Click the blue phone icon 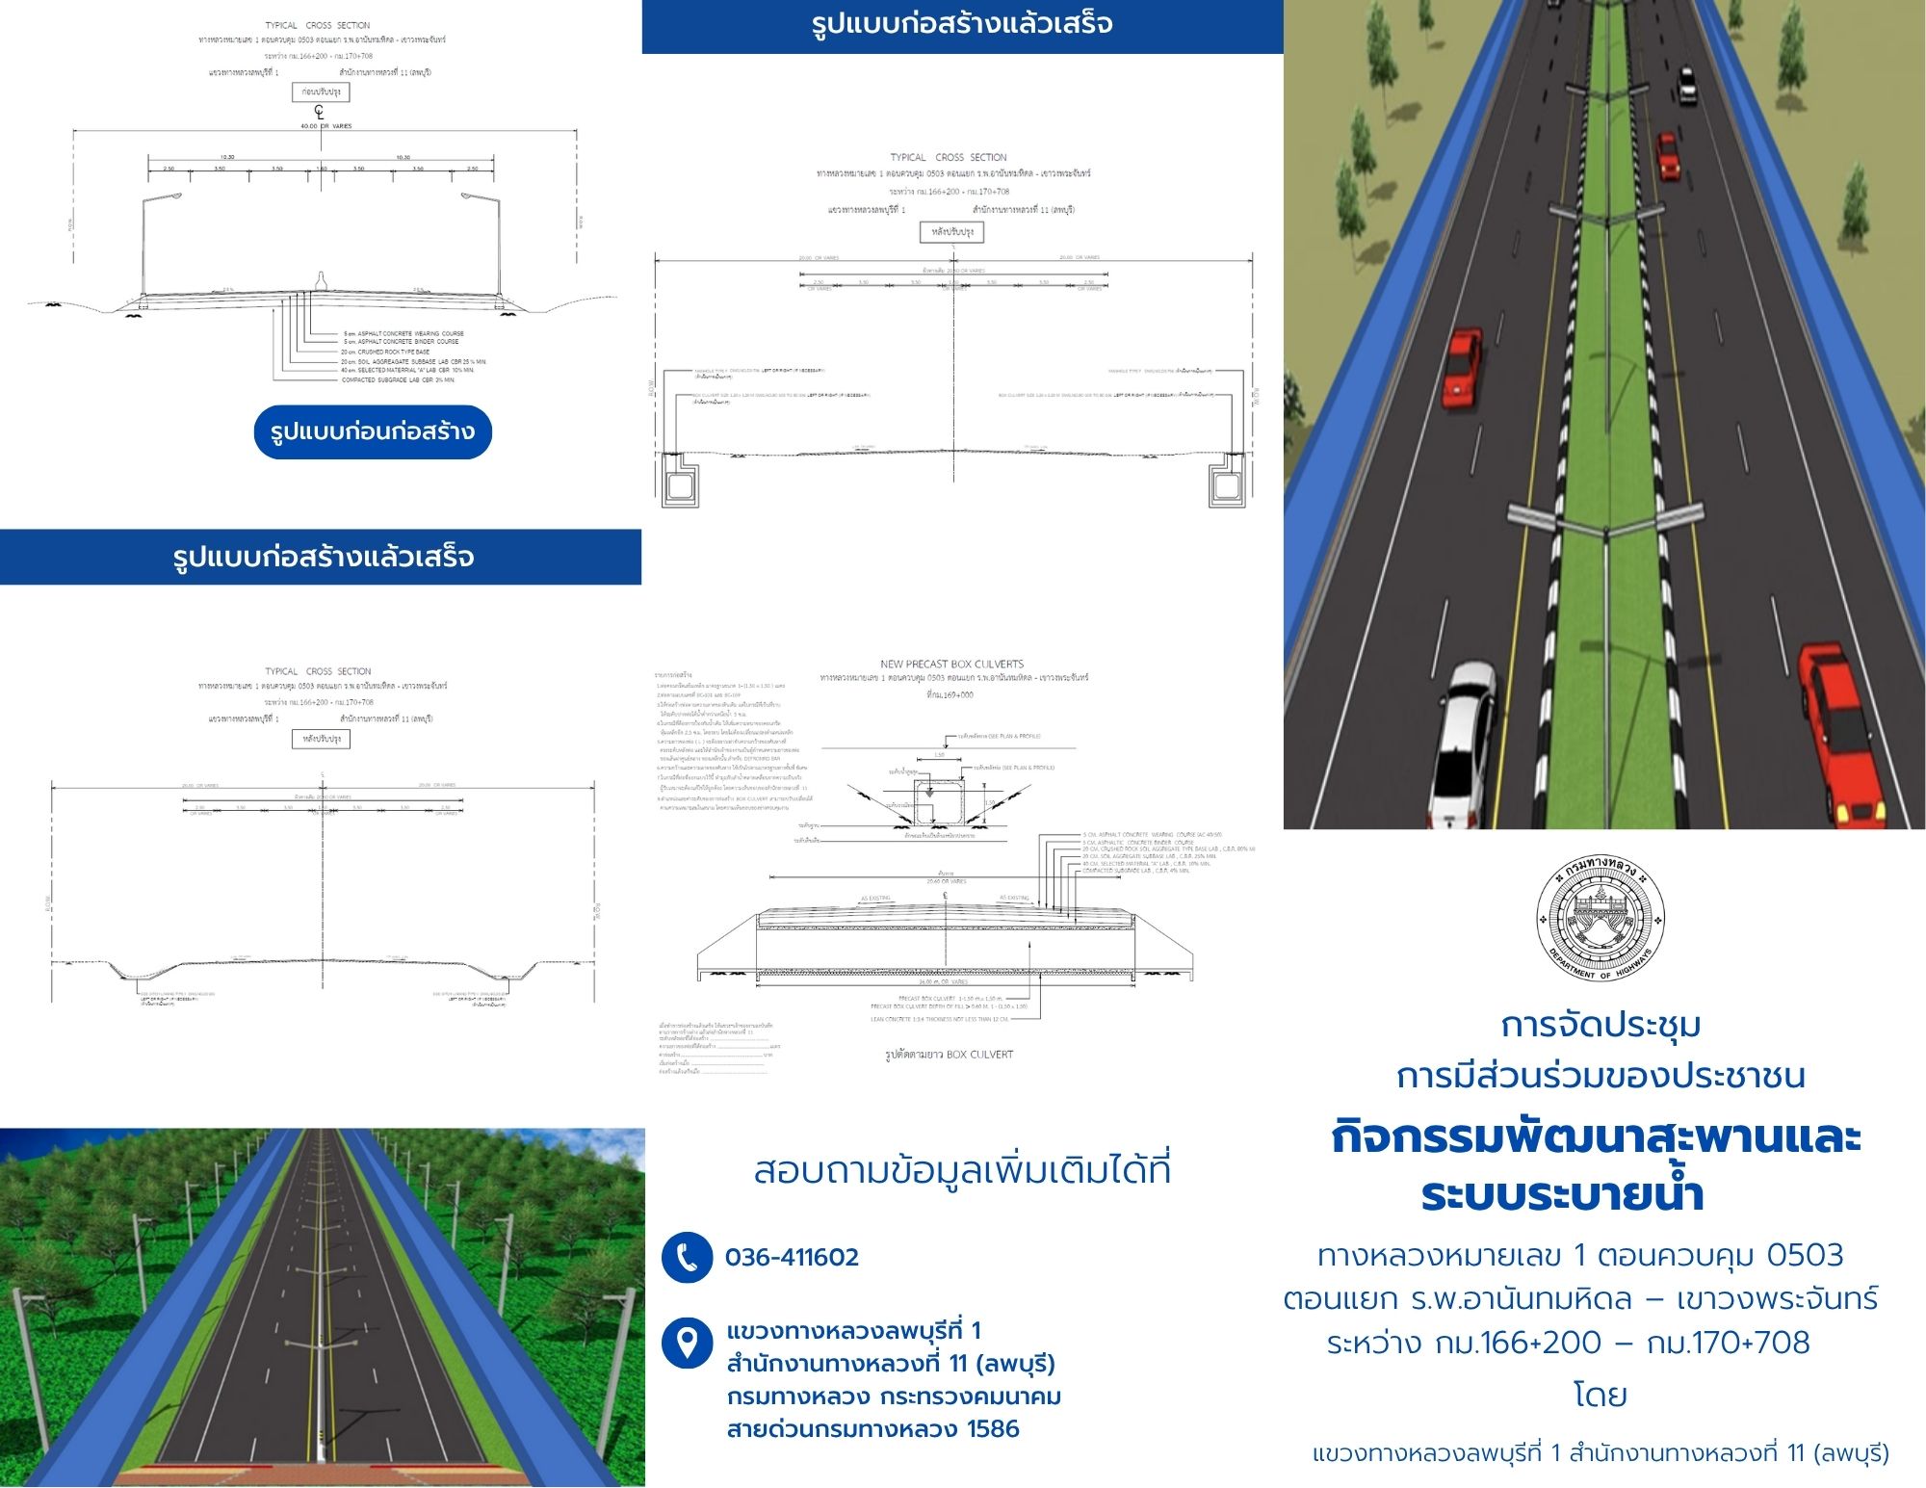687,1257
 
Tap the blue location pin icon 687,1343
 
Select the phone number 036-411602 792,1257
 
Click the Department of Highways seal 1600,918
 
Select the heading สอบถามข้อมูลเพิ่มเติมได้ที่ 962,1171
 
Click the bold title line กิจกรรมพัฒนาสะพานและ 1596,1137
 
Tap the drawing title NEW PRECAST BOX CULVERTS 951,664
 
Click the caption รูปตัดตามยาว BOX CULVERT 949,1055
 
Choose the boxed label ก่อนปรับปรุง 321,92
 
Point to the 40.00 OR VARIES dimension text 327,126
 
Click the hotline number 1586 992,1429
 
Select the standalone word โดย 1600,1395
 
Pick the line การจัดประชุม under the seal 1600,1025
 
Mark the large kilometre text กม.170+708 1728,1342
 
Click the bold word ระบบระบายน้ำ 1562,1195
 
